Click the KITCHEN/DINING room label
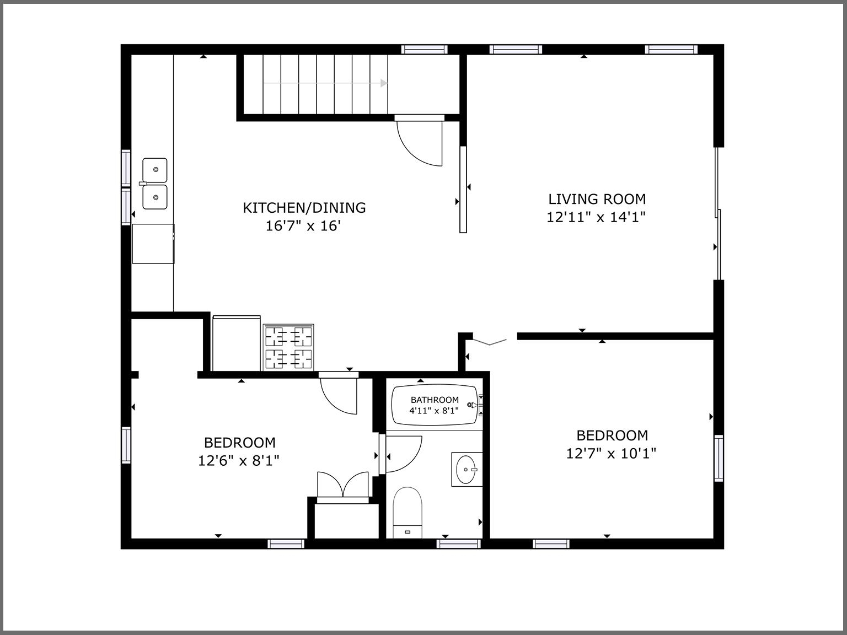click(304, 208)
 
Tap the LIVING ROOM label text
click(597, 199)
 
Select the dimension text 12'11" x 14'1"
click(596, 217)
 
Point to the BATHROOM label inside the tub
click(434, 400)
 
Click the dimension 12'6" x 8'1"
click(239, 461)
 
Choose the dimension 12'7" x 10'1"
click(611, 454)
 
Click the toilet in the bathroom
click(408, 511)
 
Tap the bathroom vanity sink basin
click(467, 469)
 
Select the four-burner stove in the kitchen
click(288, 347)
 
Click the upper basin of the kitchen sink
click(155, 170)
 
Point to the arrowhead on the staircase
click(383, 83)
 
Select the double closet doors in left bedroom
click(343, 485)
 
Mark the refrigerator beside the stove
click(236, 343)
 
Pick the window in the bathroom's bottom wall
click(459, 544)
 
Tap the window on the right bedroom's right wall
click(719, 458)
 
